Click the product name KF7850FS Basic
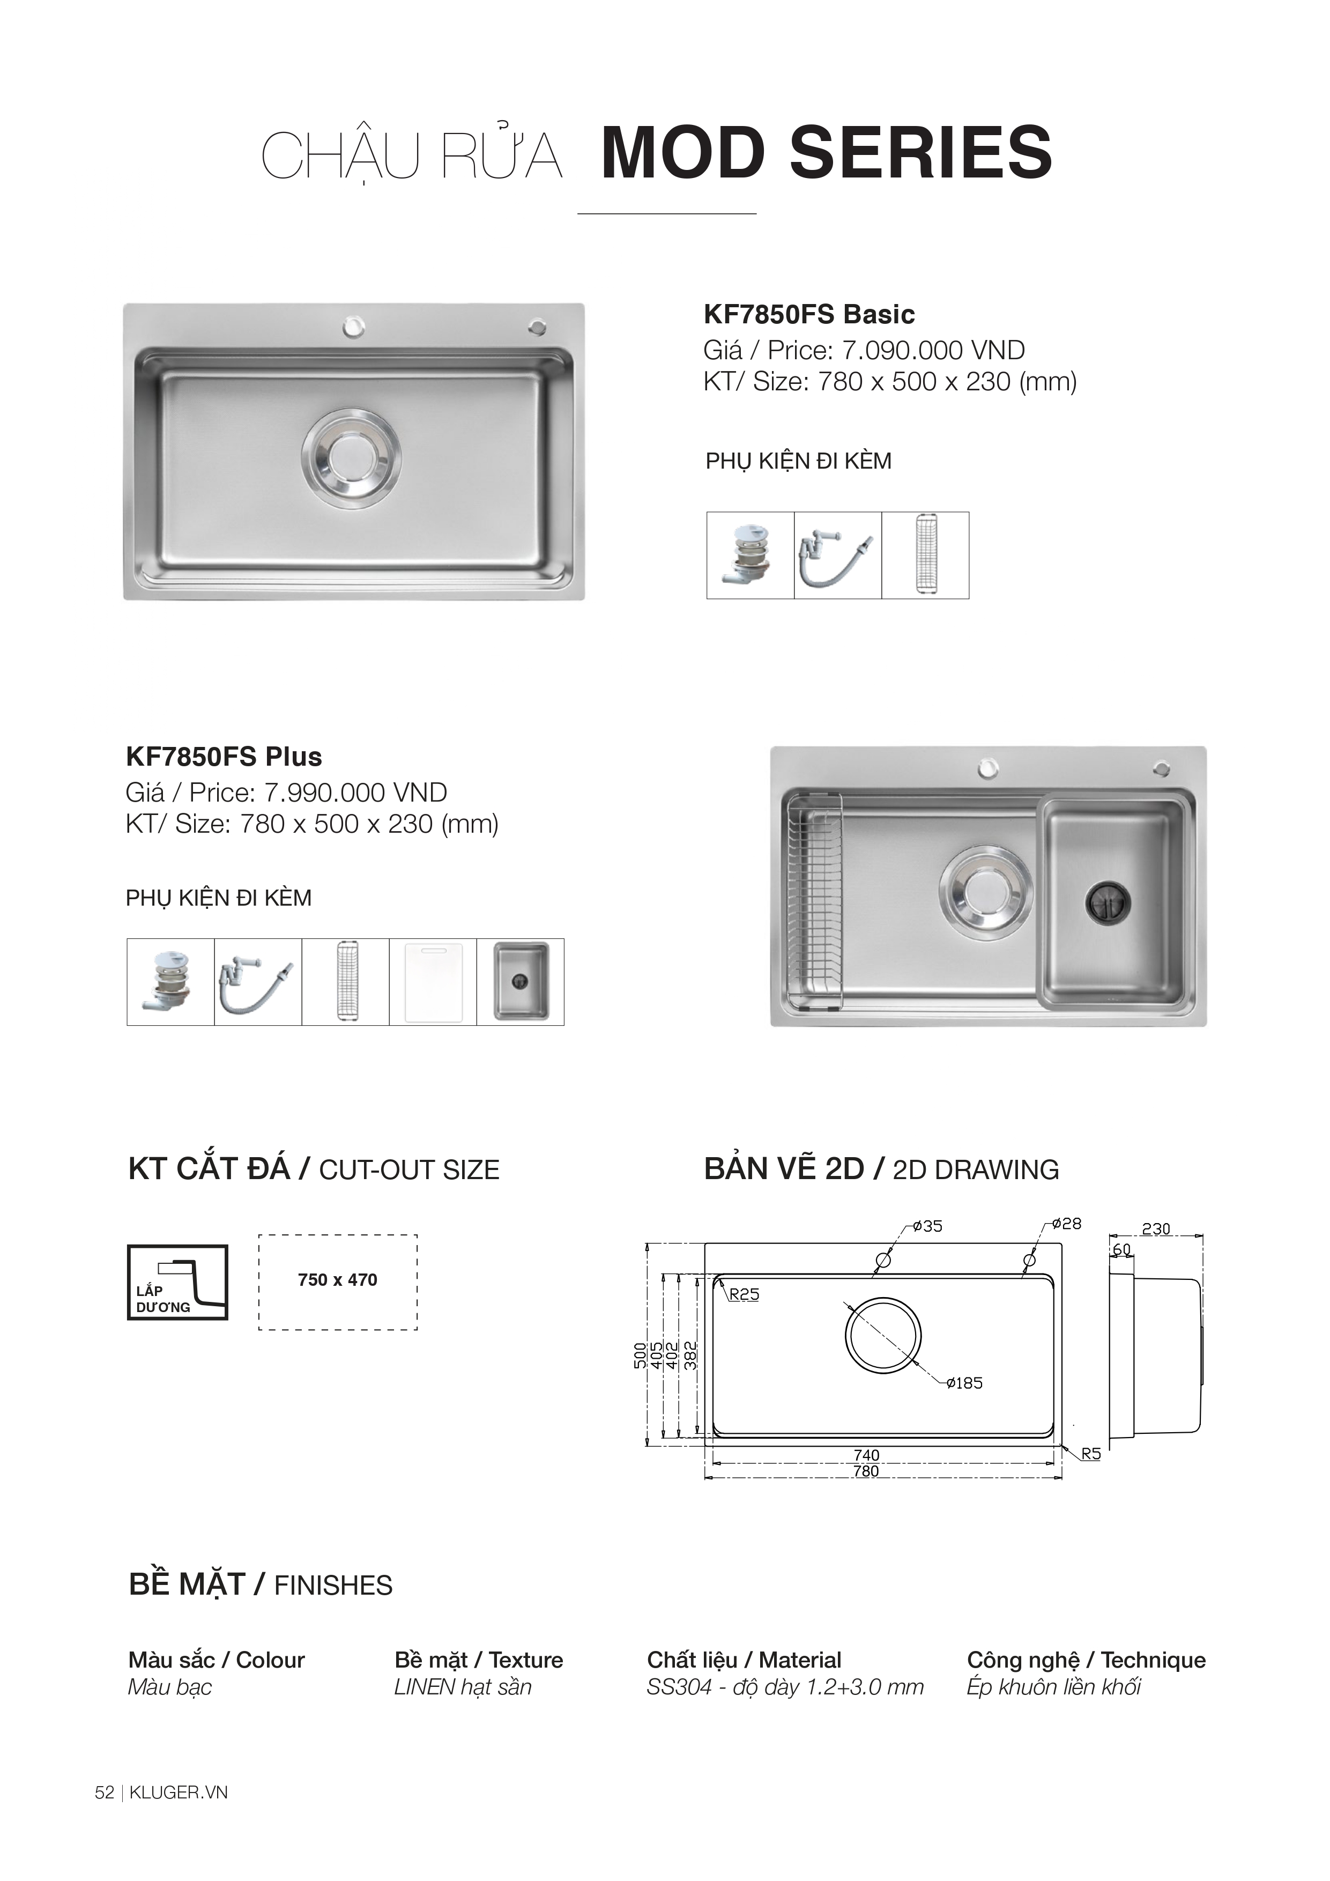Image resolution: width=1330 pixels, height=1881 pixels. click(x=809, y=315)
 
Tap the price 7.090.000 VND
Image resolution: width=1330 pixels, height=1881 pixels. click(x=934, y=351)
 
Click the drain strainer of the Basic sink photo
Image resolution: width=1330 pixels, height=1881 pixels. click(x=351, y=455)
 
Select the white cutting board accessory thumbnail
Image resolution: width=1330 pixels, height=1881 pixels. click(x=433, y=981)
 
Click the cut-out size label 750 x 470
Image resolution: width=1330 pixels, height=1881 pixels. click(x=337, y=1280)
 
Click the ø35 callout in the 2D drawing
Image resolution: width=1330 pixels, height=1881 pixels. click(x=928, y=1226)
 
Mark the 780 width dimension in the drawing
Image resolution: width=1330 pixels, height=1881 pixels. click(x=866, y=1471)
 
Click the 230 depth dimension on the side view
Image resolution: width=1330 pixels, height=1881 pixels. click(x=1156, y=1229)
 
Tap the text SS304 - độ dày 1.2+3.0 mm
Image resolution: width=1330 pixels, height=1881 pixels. click(x=785, y=1687)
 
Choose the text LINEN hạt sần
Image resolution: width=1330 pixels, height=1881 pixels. click(x=463, y=1687)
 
